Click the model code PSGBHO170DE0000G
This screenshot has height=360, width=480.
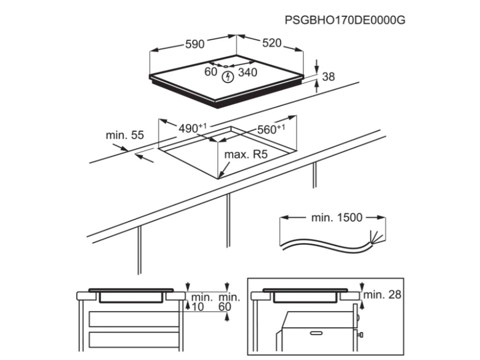(345, 20)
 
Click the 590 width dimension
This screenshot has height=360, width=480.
(195, 44)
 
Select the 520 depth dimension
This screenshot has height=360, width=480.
(271, 43)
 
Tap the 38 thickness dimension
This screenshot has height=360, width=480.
(329, 76)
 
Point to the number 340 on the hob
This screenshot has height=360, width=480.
(248, 72)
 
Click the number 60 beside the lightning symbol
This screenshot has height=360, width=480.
(211, 72)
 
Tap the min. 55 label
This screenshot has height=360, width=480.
(124, 135)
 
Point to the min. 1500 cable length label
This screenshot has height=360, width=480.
(337, 217)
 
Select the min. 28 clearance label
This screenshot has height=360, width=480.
(382, 295)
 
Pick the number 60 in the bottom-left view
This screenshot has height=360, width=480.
(225, 307)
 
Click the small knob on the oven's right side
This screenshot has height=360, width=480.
(362, 336)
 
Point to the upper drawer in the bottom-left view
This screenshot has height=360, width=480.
(135, 319)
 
